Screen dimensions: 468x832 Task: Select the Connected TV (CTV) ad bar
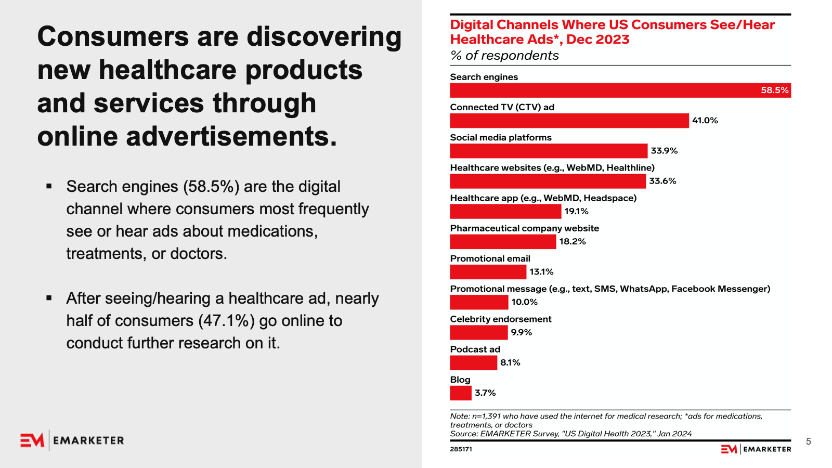(569, 121)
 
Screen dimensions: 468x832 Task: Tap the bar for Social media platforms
(549, 151)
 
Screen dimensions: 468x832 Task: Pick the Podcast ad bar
(473, 363)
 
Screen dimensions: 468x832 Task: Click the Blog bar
(461, 393)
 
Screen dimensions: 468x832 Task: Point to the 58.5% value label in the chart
(774, 90)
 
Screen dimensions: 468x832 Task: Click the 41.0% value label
(705, 121)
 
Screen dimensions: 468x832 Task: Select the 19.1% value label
(576, 212)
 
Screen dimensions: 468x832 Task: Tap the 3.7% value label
(485, 393)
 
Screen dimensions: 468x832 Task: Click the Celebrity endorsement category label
(500, 319)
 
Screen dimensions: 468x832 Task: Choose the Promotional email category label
(490, 259)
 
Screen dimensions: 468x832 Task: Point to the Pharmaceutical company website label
(524, 228)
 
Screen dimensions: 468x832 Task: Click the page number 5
(808, 441)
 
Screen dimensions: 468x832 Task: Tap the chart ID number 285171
(461, 449)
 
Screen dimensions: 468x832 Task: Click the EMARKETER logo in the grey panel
(72, 440)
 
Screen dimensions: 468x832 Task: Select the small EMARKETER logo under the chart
(756, 449)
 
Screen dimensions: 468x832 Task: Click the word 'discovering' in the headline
(323, 37)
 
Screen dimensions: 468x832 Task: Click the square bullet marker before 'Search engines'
(49, 186)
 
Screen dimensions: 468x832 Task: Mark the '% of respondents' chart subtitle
(504, 56)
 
